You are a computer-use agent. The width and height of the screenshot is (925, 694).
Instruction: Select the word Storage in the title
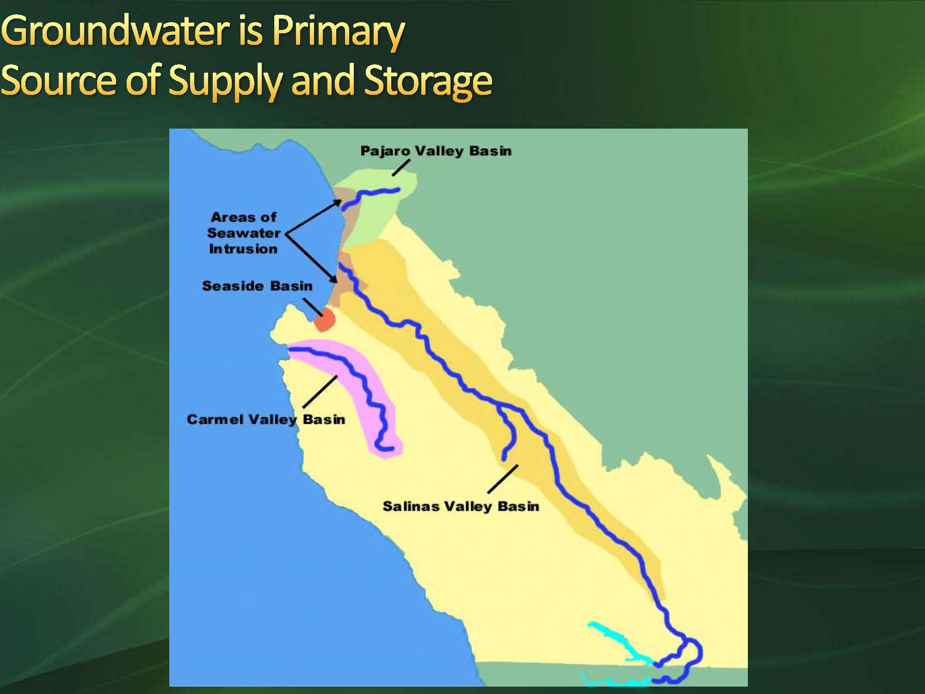coord(428,82)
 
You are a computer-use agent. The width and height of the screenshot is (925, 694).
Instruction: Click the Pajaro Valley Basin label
coord(436,151)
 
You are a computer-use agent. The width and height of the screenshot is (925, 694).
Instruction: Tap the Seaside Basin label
coord(257,286)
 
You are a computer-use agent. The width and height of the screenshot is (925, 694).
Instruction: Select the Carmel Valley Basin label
coord(266,420)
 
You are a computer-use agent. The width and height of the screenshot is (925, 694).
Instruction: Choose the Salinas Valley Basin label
coord(461,506)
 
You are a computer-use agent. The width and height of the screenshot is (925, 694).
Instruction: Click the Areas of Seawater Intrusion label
coord(244,233)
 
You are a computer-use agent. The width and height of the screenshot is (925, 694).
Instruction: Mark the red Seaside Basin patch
coord(324,320)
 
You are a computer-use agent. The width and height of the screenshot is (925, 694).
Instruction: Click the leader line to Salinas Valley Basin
coord(503,479)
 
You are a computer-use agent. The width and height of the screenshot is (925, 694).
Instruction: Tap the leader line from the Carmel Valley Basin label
coord(320,392)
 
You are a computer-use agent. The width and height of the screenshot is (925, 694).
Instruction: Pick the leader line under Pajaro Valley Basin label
coord(401,168)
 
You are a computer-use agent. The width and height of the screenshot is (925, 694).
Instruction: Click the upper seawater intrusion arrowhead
coord(338,204)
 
